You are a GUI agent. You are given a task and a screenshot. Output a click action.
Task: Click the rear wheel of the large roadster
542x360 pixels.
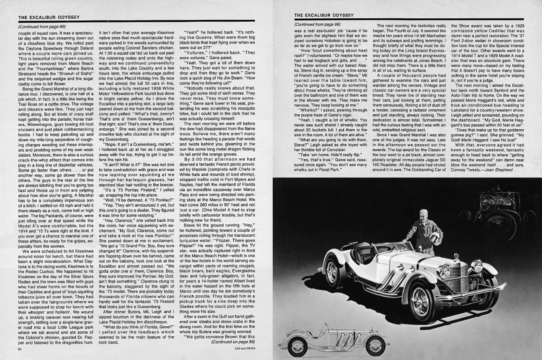click(x=335, y=272)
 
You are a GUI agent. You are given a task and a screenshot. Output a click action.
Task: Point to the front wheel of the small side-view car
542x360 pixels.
click(x=375, y=346)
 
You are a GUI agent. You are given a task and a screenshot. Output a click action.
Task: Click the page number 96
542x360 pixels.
click(x=20, y=349)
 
